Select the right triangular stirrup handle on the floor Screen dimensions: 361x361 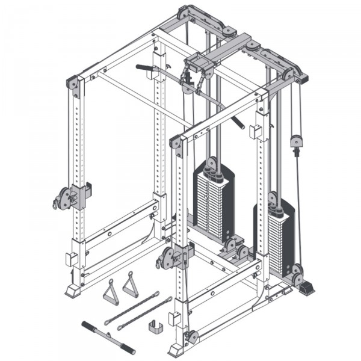pos(130,285)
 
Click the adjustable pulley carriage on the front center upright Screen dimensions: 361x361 pos(168,257)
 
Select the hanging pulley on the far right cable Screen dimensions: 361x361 pos(295,141)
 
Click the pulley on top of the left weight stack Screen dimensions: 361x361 pos(212,162)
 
